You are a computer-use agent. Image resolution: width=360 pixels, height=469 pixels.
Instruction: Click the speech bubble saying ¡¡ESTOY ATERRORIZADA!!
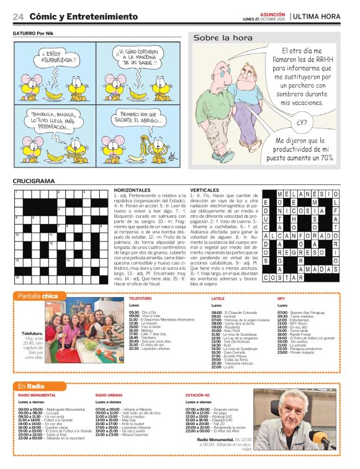(58, 58)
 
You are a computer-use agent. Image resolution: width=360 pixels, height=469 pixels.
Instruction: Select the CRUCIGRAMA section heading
(35, 181)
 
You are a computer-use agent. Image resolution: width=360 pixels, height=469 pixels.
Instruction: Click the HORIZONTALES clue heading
(132, 190)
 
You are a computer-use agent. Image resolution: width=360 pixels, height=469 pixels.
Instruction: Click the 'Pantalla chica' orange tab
(38, 296)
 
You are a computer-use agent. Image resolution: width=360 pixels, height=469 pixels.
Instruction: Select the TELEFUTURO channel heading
(140, 298)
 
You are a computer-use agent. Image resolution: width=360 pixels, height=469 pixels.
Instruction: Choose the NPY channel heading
(281, 298)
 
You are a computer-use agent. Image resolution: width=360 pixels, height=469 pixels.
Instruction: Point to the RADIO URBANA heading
(109, 395)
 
